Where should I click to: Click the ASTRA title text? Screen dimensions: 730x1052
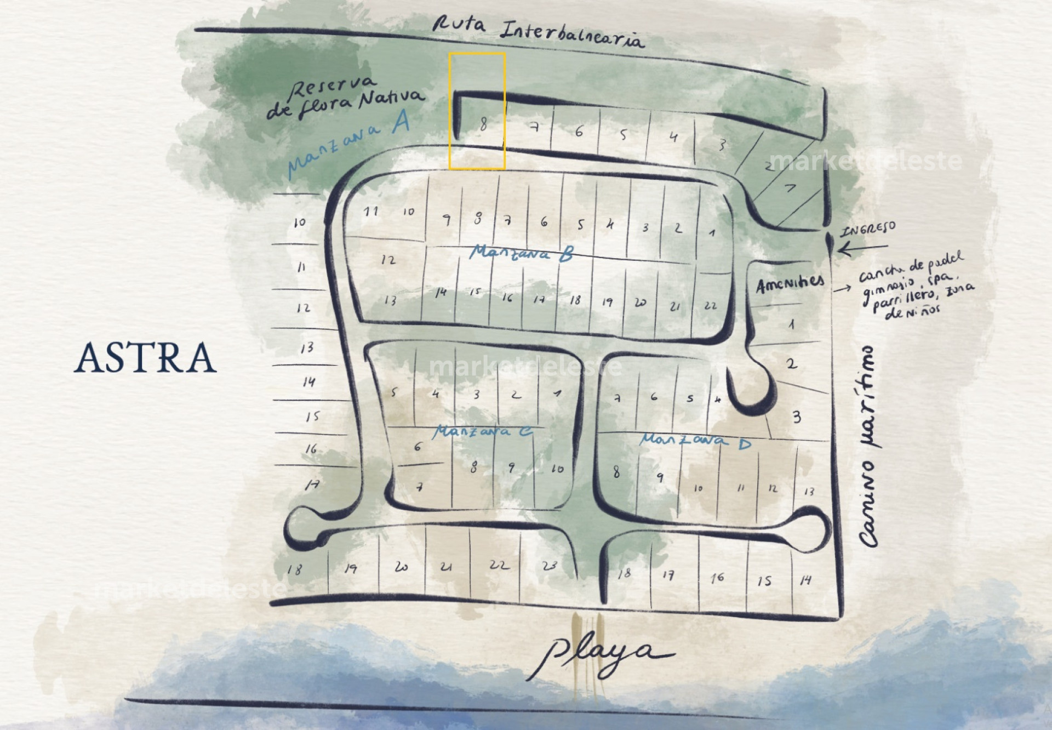(x=145, y=357)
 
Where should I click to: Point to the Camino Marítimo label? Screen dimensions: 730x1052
(x=870, y=447)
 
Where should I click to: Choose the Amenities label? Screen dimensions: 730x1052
(x=790, y=284)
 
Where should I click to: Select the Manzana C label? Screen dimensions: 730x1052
(x=482, y=432)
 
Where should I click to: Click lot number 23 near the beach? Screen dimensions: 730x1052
(x=549, y=566)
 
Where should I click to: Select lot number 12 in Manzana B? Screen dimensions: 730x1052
(x=388, y=260)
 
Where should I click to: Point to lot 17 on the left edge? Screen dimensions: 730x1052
(x=312, y=484)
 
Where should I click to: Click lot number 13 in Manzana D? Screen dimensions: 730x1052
(x=809, y=491)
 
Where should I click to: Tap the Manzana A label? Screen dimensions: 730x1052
(x=348, y=144)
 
